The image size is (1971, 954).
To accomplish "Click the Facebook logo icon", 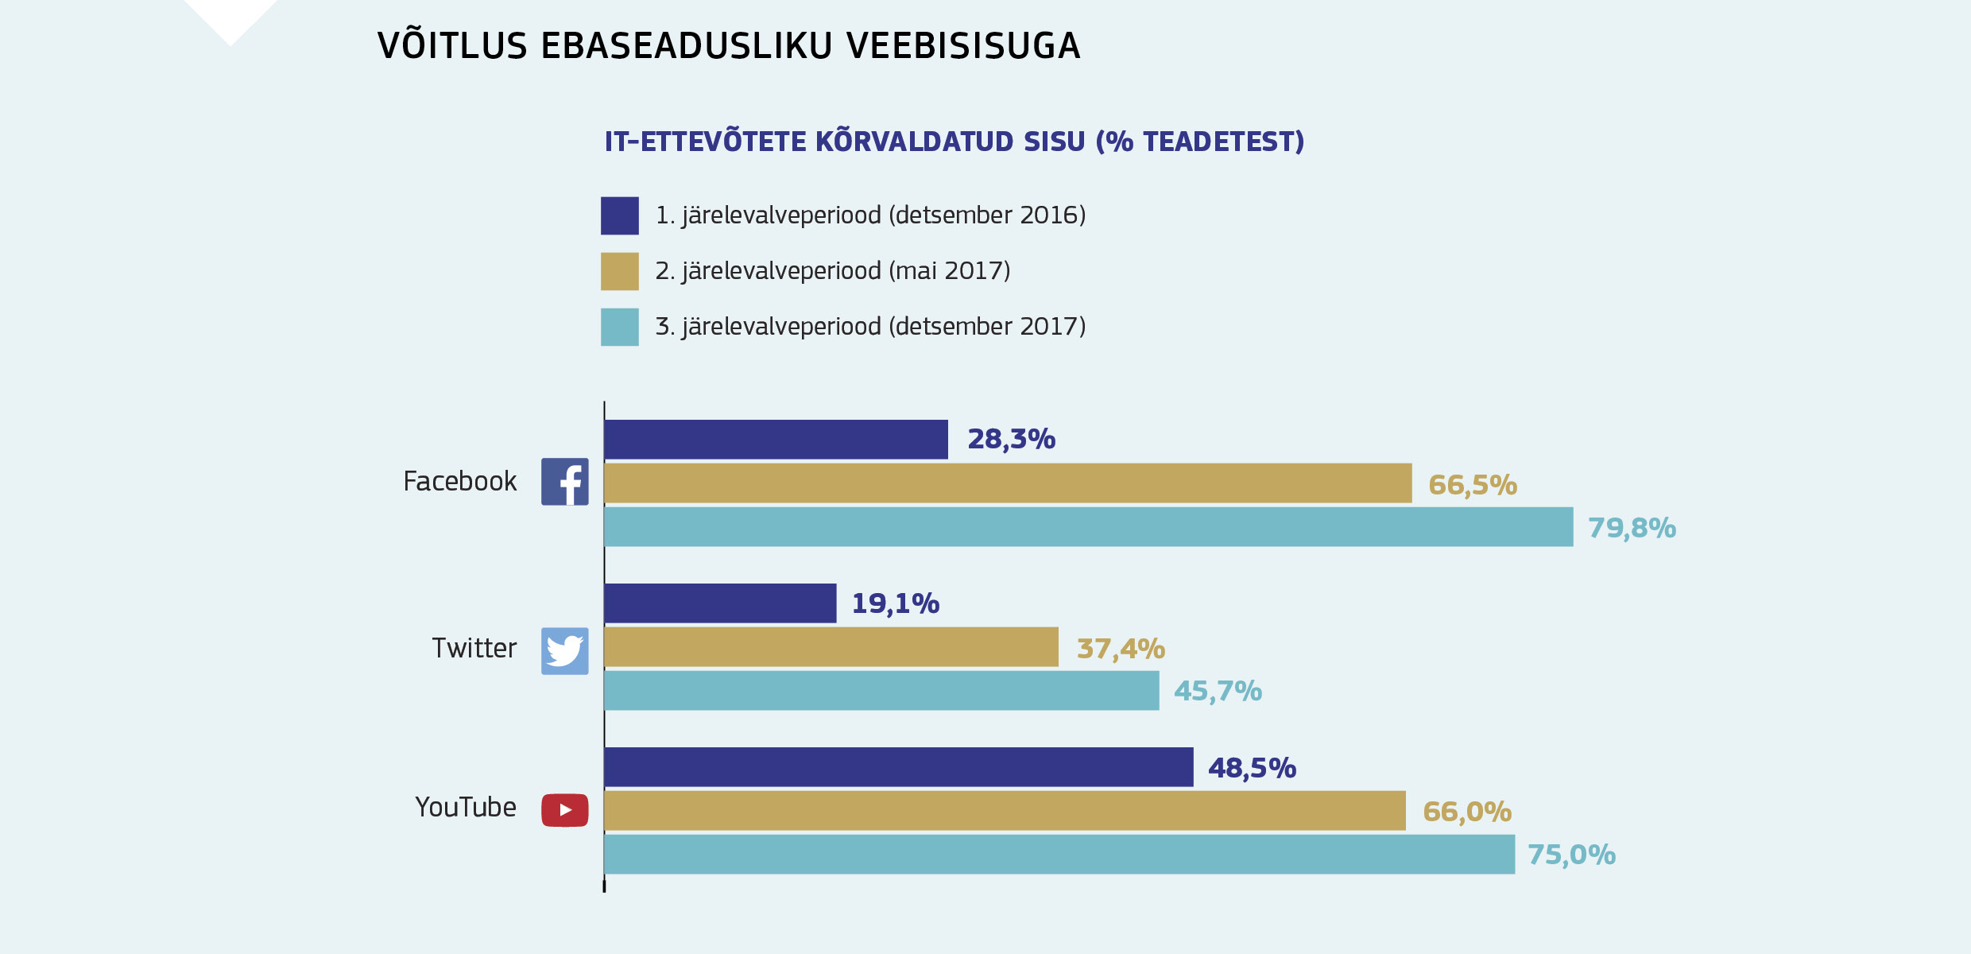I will coord(564,482).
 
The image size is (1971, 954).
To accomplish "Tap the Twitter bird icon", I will coord(564,650).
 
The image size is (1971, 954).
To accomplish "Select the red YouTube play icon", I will coord(564,810).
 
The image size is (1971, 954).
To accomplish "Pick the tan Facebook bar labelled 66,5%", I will coord(1007,483).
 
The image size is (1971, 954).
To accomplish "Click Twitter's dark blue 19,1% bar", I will coord(719,603).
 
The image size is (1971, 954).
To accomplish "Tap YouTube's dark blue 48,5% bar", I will coord(898,767).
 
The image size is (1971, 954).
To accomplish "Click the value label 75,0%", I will coord(1571,855).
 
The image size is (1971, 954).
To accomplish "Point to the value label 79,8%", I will coord(1632,528).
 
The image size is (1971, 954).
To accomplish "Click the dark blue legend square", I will coord(619,215).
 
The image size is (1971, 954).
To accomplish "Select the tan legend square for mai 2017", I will coord(619,271).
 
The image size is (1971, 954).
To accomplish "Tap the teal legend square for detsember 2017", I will coord(619,327).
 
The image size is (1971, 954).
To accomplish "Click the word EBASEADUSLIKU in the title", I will coord(686,46).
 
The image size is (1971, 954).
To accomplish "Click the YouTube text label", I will coord(466,808).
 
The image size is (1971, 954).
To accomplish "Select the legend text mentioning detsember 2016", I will coord(870,215).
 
